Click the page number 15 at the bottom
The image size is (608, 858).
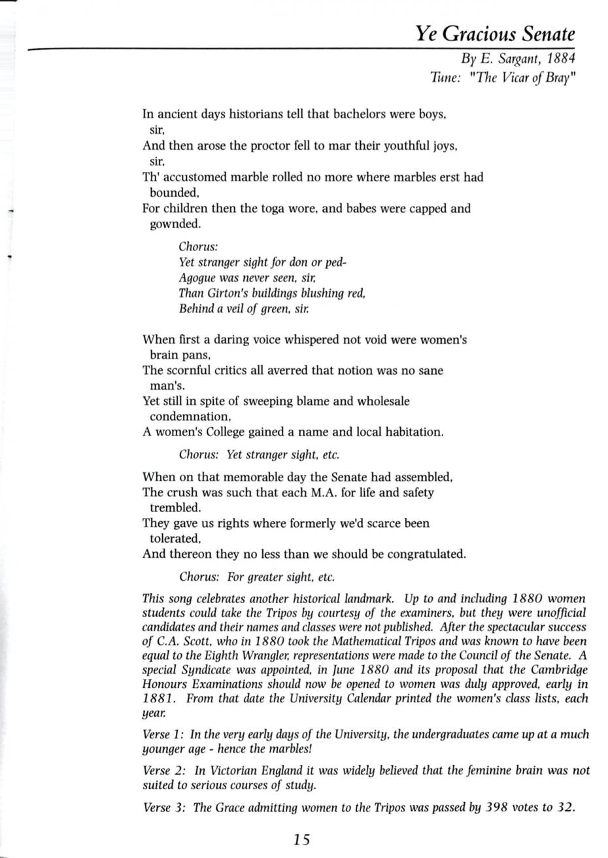coord(301,840)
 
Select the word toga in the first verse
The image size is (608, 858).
coord(279,209)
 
